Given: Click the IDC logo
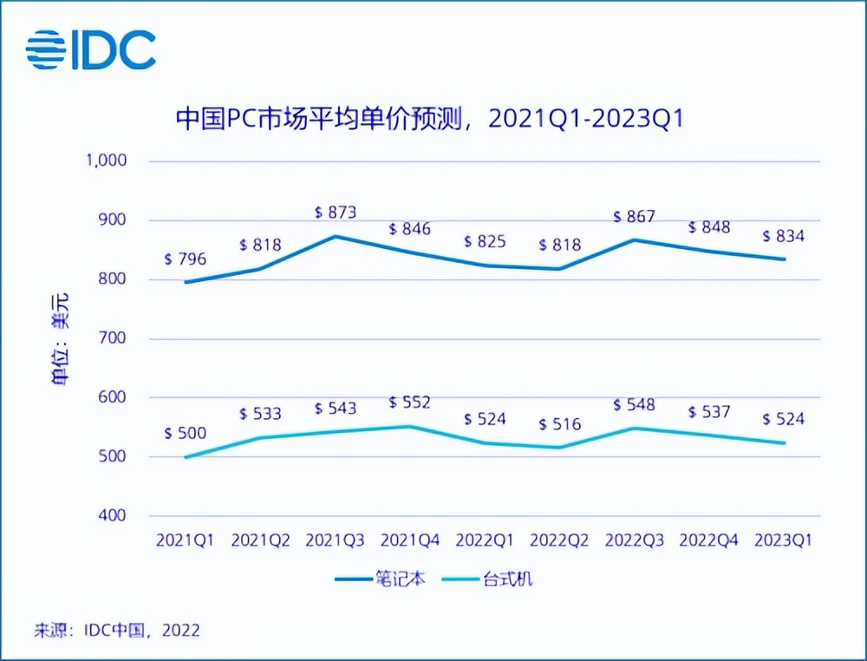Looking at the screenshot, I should coord(91,49).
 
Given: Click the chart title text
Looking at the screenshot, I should coord(430,118).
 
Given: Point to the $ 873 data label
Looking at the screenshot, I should coord(336,213).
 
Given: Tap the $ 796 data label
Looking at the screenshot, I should coord(186,259).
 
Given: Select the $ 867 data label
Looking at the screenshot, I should coord(634,217).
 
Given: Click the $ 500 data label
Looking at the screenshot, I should coord(186,434).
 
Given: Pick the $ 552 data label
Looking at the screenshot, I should coord(410,402).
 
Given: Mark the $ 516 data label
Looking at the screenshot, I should coord(559,424).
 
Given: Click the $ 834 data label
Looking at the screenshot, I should coord(783,236).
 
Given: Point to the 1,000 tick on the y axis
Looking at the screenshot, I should coord(106,160).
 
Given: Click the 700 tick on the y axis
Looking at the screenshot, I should coord(114,338).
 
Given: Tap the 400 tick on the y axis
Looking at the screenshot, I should coord(114,515).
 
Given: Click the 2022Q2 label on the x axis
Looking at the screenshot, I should coord(559,540).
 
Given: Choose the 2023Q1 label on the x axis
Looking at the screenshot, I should coord(783,540).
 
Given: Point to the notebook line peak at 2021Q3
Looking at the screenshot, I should coord(336,236).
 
